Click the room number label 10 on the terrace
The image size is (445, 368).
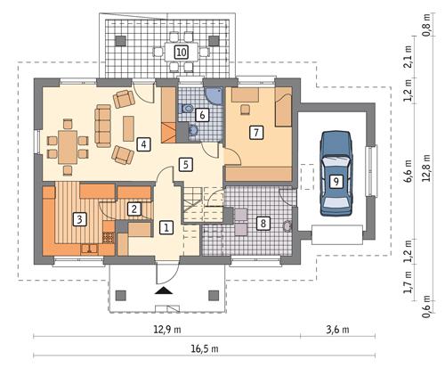[x=181, y=53]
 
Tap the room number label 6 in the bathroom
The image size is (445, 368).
[x=202, y=114]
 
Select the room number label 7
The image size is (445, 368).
[x=256, y=133]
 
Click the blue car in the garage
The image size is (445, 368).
[x=143, y=143]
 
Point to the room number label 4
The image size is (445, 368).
[x=184, y=164]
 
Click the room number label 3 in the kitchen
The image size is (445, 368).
[x=79, y=217]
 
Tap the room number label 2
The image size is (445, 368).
[x=133, y=209]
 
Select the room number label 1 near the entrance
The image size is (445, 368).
[x=166, y=228]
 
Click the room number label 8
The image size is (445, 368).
[x=263, y=223]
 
